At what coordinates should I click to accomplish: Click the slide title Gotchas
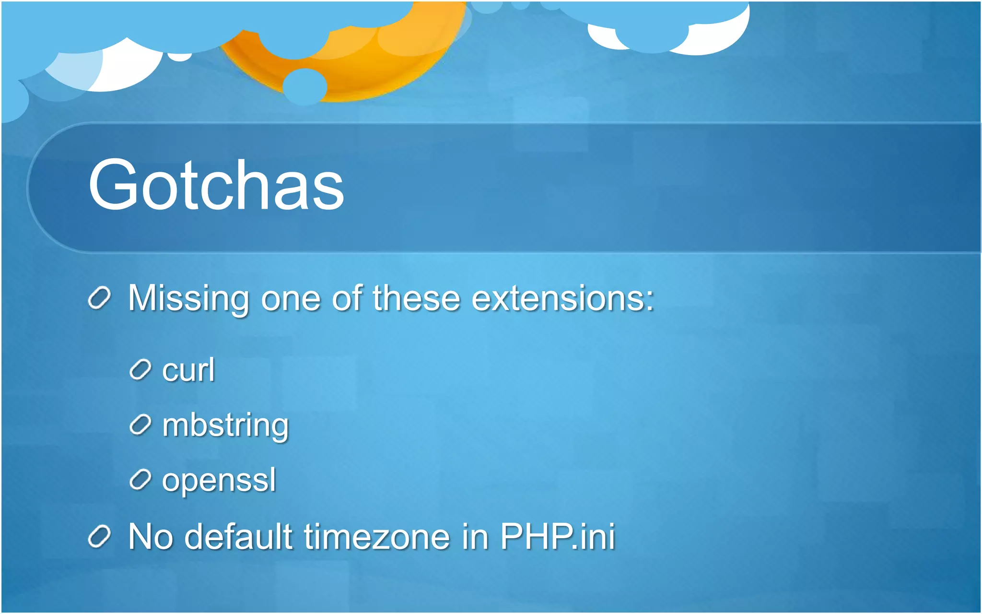click(x=216, y=185)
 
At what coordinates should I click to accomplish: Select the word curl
click(x=188, y=370)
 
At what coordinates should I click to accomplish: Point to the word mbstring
click(x=225, y=425)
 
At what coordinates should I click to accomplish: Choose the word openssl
click(x=219, y=480)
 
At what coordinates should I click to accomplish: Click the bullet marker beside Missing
click(x=100, y=298)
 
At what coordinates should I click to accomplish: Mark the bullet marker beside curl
click(x=140, y=370)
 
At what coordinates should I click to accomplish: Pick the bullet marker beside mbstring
click(x=140, y=425)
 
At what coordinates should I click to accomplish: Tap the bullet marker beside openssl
click(x=140, y=480)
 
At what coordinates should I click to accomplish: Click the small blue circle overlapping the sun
click(x=304, y=87)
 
